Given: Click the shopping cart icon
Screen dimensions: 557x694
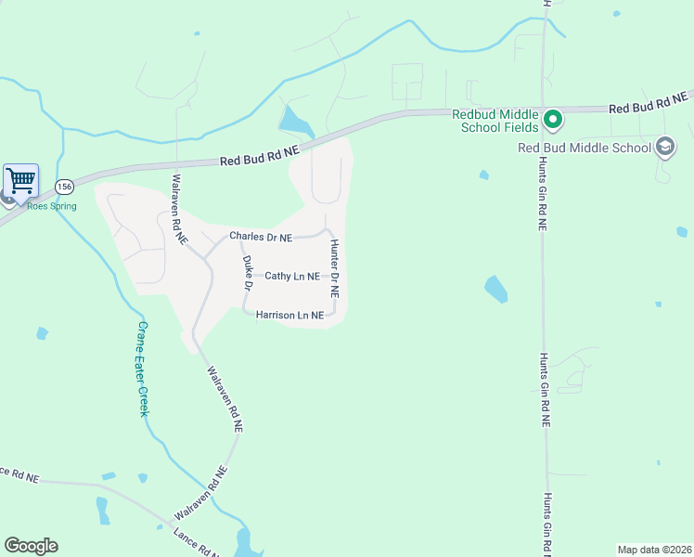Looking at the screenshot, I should pyautogui.click(x=20, y=180).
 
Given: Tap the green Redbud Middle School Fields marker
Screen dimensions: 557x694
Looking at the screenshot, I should pyautogui.click(x=552, y=119).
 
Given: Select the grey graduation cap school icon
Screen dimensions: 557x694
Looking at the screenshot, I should pyautogui.click(x=664, y=147).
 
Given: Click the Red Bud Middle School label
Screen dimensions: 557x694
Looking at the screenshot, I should pyautogui.click(x=585, y=148).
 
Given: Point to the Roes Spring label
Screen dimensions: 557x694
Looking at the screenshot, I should pyautogui.click(x=51, y=206).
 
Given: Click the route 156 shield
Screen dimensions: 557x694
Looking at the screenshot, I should pyautogui.click(x=64, y=187).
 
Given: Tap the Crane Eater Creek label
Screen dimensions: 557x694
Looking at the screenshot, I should pyautogui.click(x=143, y=369).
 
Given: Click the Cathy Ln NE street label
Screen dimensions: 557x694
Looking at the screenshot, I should pyautogui.click(x=292, y=276).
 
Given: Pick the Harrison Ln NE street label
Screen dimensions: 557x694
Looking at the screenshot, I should pyautogui.click(x=289, y=315).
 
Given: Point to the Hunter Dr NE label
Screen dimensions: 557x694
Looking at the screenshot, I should pyautogui.click(x=335, y=267).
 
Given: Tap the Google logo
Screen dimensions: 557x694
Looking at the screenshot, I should pyautogui.click(x=31, y=546).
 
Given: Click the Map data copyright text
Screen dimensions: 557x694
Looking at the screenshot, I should pyautogui.click(x=655, y=549).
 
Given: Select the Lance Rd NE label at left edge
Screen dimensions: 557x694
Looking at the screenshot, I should pyautogui.click(x=18, y=473).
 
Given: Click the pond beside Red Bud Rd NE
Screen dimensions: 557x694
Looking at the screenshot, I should pyautogui.click(x=295, y=122).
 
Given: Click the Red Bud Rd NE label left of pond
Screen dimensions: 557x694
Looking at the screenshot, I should pyautogui.click(x=260, y=155).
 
